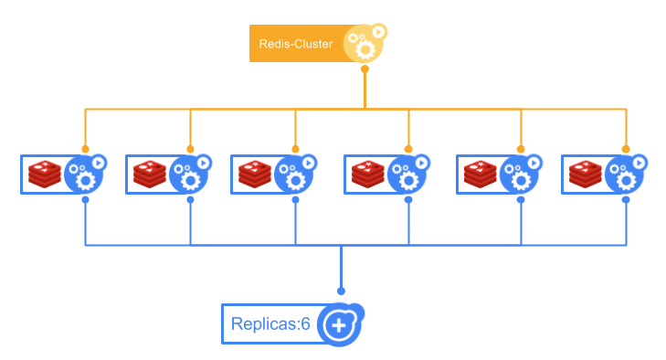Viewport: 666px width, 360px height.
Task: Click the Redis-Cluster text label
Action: tap(295, 44)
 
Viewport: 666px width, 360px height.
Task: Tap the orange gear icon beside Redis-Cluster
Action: tap(363, 45)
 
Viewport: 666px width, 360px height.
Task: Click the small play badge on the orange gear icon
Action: tap(379, 32)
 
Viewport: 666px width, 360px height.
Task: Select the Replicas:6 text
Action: tap(271, 324)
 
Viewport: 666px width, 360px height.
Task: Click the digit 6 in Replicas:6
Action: tap(306, 324)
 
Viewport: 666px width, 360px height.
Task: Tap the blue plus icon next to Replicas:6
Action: tap(339, 324)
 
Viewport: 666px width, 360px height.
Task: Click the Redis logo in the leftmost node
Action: tap(44, 174)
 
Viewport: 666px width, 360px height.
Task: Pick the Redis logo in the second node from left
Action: tap(149, 174)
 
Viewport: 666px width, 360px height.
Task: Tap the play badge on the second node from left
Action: tap(203, 163)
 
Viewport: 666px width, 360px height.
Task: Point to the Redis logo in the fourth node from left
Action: tap(367, 174)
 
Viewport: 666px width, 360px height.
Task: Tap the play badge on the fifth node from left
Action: tap(534, 163)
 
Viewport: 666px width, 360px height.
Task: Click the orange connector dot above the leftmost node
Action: tap(85, 148)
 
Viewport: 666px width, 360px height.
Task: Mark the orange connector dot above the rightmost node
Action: tap(626, 148)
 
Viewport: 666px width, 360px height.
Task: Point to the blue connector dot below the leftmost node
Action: tap(85, 199)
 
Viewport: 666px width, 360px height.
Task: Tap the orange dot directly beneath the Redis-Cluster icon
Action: tap(365, 69)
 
